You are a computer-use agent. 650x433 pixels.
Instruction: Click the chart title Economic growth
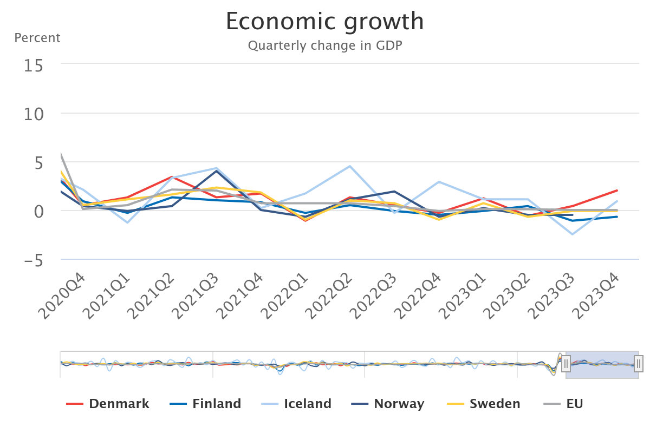pyautogui.click(x=325, y=22)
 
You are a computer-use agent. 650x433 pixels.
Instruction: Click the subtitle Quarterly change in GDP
pyautogui.click(x=325, y=45)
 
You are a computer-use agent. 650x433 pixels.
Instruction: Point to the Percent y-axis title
pyautogui.click(x=37, y=38)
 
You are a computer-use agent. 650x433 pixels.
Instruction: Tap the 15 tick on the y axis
pyautogui.click(x=33, y=65)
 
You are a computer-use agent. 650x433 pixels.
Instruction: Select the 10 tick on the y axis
pyautogui.click(x=33, y=114)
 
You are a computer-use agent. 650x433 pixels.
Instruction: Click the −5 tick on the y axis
pyautogui.click(x=33, y=260)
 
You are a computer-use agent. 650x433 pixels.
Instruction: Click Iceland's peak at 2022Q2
pyautogui.click(x=350, y=166)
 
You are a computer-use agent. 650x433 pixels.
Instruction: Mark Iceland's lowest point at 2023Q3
pyautogui.click(x=572, y=234)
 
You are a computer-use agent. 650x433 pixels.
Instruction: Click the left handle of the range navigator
pyautogui.click(x=566, y=364)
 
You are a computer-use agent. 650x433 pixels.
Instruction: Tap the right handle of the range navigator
pyautogui.click(x=639, y=364)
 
